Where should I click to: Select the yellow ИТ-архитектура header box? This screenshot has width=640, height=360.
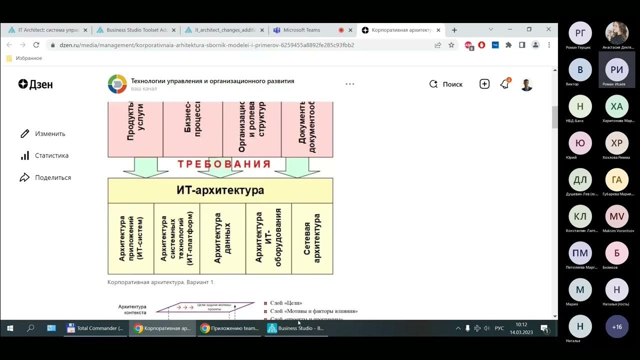point(220,190)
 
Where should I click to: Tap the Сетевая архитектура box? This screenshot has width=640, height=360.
point(312,238)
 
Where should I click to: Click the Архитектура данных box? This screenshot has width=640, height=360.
point(222,238)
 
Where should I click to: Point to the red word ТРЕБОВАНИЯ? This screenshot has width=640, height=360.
point(224,164)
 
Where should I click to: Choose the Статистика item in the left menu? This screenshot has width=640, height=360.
point(51,155)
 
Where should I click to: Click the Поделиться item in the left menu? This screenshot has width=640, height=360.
point(52,177)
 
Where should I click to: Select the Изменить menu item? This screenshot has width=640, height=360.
point(50,133)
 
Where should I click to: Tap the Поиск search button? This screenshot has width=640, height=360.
point(446,84)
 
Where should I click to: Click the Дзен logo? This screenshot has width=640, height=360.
point(35,84)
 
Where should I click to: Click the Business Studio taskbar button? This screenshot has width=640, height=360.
point(296,328)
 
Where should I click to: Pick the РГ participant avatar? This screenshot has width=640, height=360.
point(580,33)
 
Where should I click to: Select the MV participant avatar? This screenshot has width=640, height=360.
point(617,216)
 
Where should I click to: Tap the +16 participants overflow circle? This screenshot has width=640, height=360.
point(617,326)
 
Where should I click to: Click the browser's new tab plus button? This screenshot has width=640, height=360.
point(454,30)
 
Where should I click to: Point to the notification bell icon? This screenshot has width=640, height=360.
point(504,84)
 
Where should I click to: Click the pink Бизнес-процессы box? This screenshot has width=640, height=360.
point(192,128)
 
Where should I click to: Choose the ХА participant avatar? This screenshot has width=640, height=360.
point(617,106)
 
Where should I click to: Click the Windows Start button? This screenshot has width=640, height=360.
point(10,328)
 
